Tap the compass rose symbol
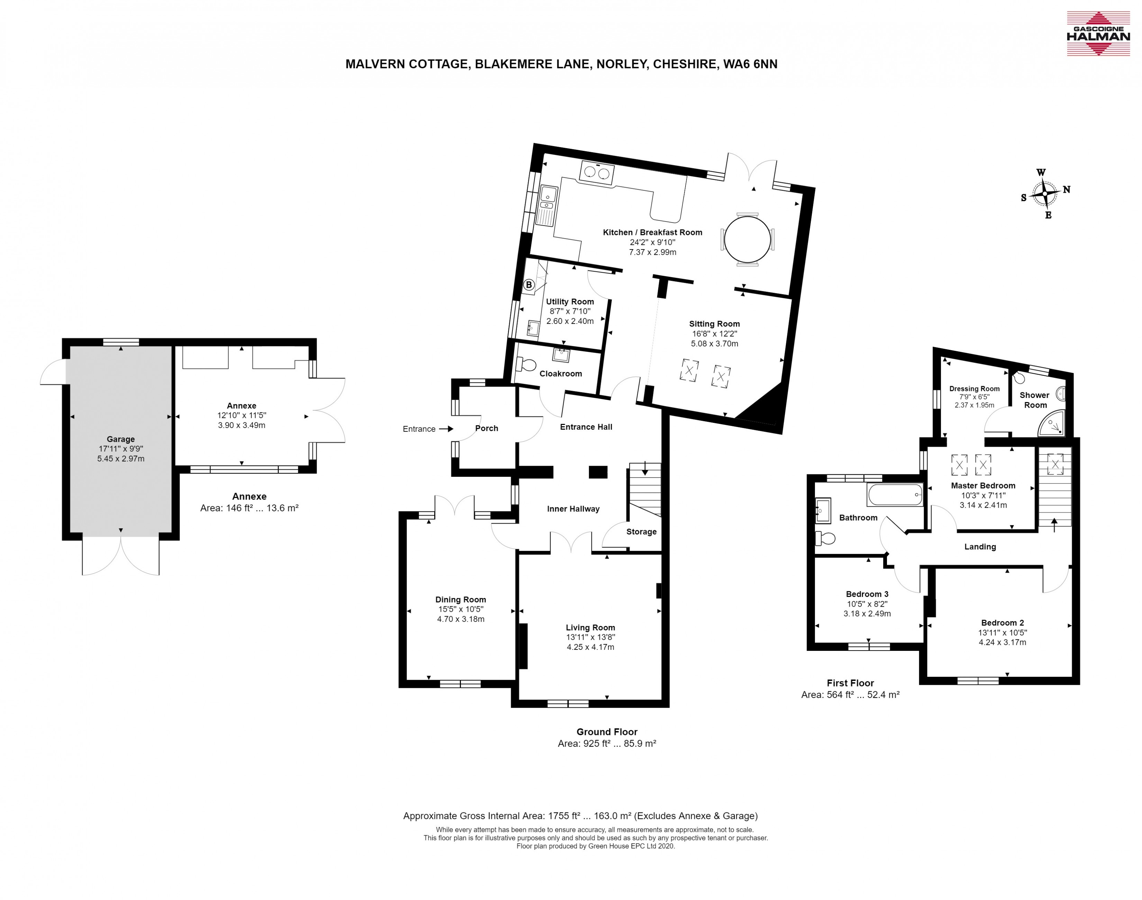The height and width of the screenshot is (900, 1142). click(1045, 193)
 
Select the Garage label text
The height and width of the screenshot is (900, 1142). click(121, 439)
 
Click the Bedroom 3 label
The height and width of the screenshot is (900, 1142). click(867, 594)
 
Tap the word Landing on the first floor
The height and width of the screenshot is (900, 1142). click(980, 546)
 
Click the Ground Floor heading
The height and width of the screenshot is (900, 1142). click(607, 731)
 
